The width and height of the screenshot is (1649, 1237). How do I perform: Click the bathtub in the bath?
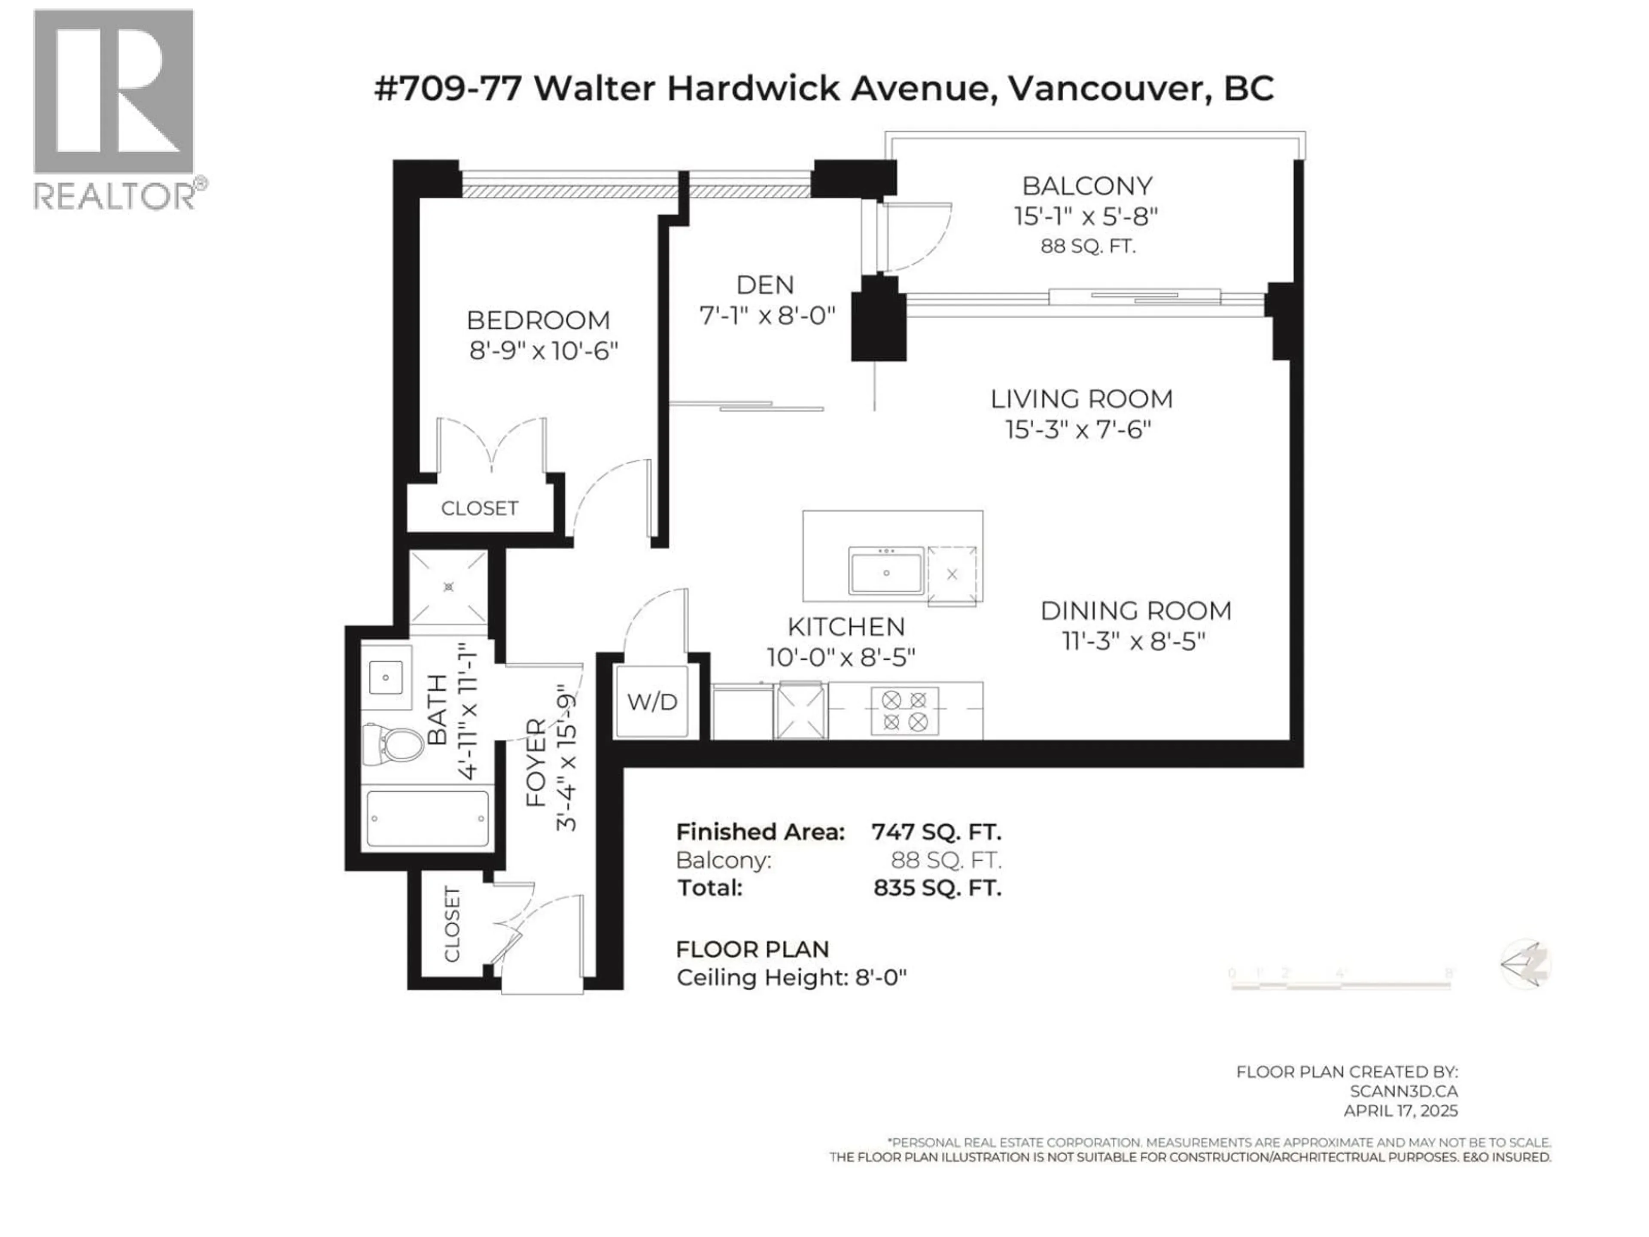(428, 818)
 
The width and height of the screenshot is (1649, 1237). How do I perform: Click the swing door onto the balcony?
(913, 237)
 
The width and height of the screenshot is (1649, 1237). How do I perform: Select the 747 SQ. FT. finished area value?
(936, 832)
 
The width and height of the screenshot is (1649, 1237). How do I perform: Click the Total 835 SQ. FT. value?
(937, 888)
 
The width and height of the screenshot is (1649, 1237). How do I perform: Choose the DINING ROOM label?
(1135, 611)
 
